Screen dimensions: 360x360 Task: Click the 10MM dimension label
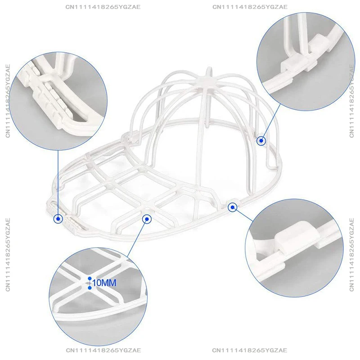coord(104,283)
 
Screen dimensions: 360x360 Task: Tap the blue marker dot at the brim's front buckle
coord(58,219)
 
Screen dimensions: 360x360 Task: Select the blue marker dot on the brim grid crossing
coord(147,219)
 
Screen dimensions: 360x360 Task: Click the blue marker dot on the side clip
coord(233,207)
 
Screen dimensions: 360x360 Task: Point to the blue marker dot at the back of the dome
coord(261,141)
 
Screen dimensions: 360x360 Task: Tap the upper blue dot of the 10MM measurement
coord(90,279)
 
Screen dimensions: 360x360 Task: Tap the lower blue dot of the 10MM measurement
coord(90,288)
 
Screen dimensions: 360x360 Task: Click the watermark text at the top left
coord(103,7)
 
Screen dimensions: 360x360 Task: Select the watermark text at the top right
coord(250,7)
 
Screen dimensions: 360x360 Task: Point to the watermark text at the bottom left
coord(103,351)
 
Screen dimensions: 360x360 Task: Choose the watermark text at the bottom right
coord(250,351)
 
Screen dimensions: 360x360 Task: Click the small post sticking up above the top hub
coord(209,72)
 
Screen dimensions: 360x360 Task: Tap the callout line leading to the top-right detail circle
coord(271,121)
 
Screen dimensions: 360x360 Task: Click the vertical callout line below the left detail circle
coord(58,183)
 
